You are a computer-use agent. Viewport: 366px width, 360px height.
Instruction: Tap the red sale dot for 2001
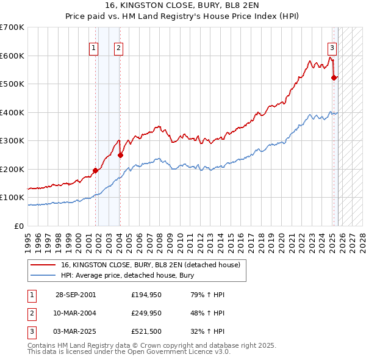96,170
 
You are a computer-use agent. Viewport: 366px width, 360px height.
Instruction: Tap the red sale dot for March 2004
120,155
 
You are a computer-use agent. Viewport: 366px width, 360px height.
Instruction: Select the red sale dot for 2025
334,77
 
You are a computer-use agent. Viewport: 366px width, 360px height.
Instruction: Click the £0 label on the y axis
19,226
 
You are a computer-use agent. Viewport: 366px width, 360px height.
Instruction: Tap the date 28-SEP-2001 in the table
76,295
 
